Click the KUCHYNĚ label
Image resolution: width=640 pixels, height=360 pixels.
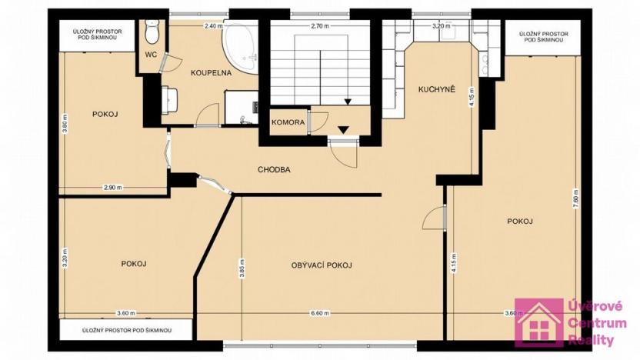point(437,89)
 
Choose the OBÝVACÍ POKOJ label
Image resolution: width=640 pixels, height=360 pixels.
point(322,265)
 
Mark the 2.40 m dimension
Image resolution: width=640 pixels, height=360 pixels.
point(213,25)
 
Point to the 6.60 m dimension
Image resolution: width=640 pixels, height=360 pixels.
point(320,313)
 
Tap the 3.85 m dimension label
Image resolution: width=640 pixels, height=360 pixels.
point(242,268)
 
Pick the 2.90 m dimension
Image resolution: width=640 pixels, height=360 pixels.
point(113,187)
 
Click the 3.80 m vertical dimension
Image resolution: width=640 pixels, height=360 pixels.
point(65,127)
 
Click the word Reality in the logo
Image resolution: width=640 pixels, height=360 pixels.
point(593,339)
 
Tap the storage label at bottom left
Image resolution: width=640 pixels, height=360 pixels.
point(125,330)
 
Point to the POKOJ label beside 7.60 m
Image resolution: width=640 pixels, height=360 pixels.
point(520,222)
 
